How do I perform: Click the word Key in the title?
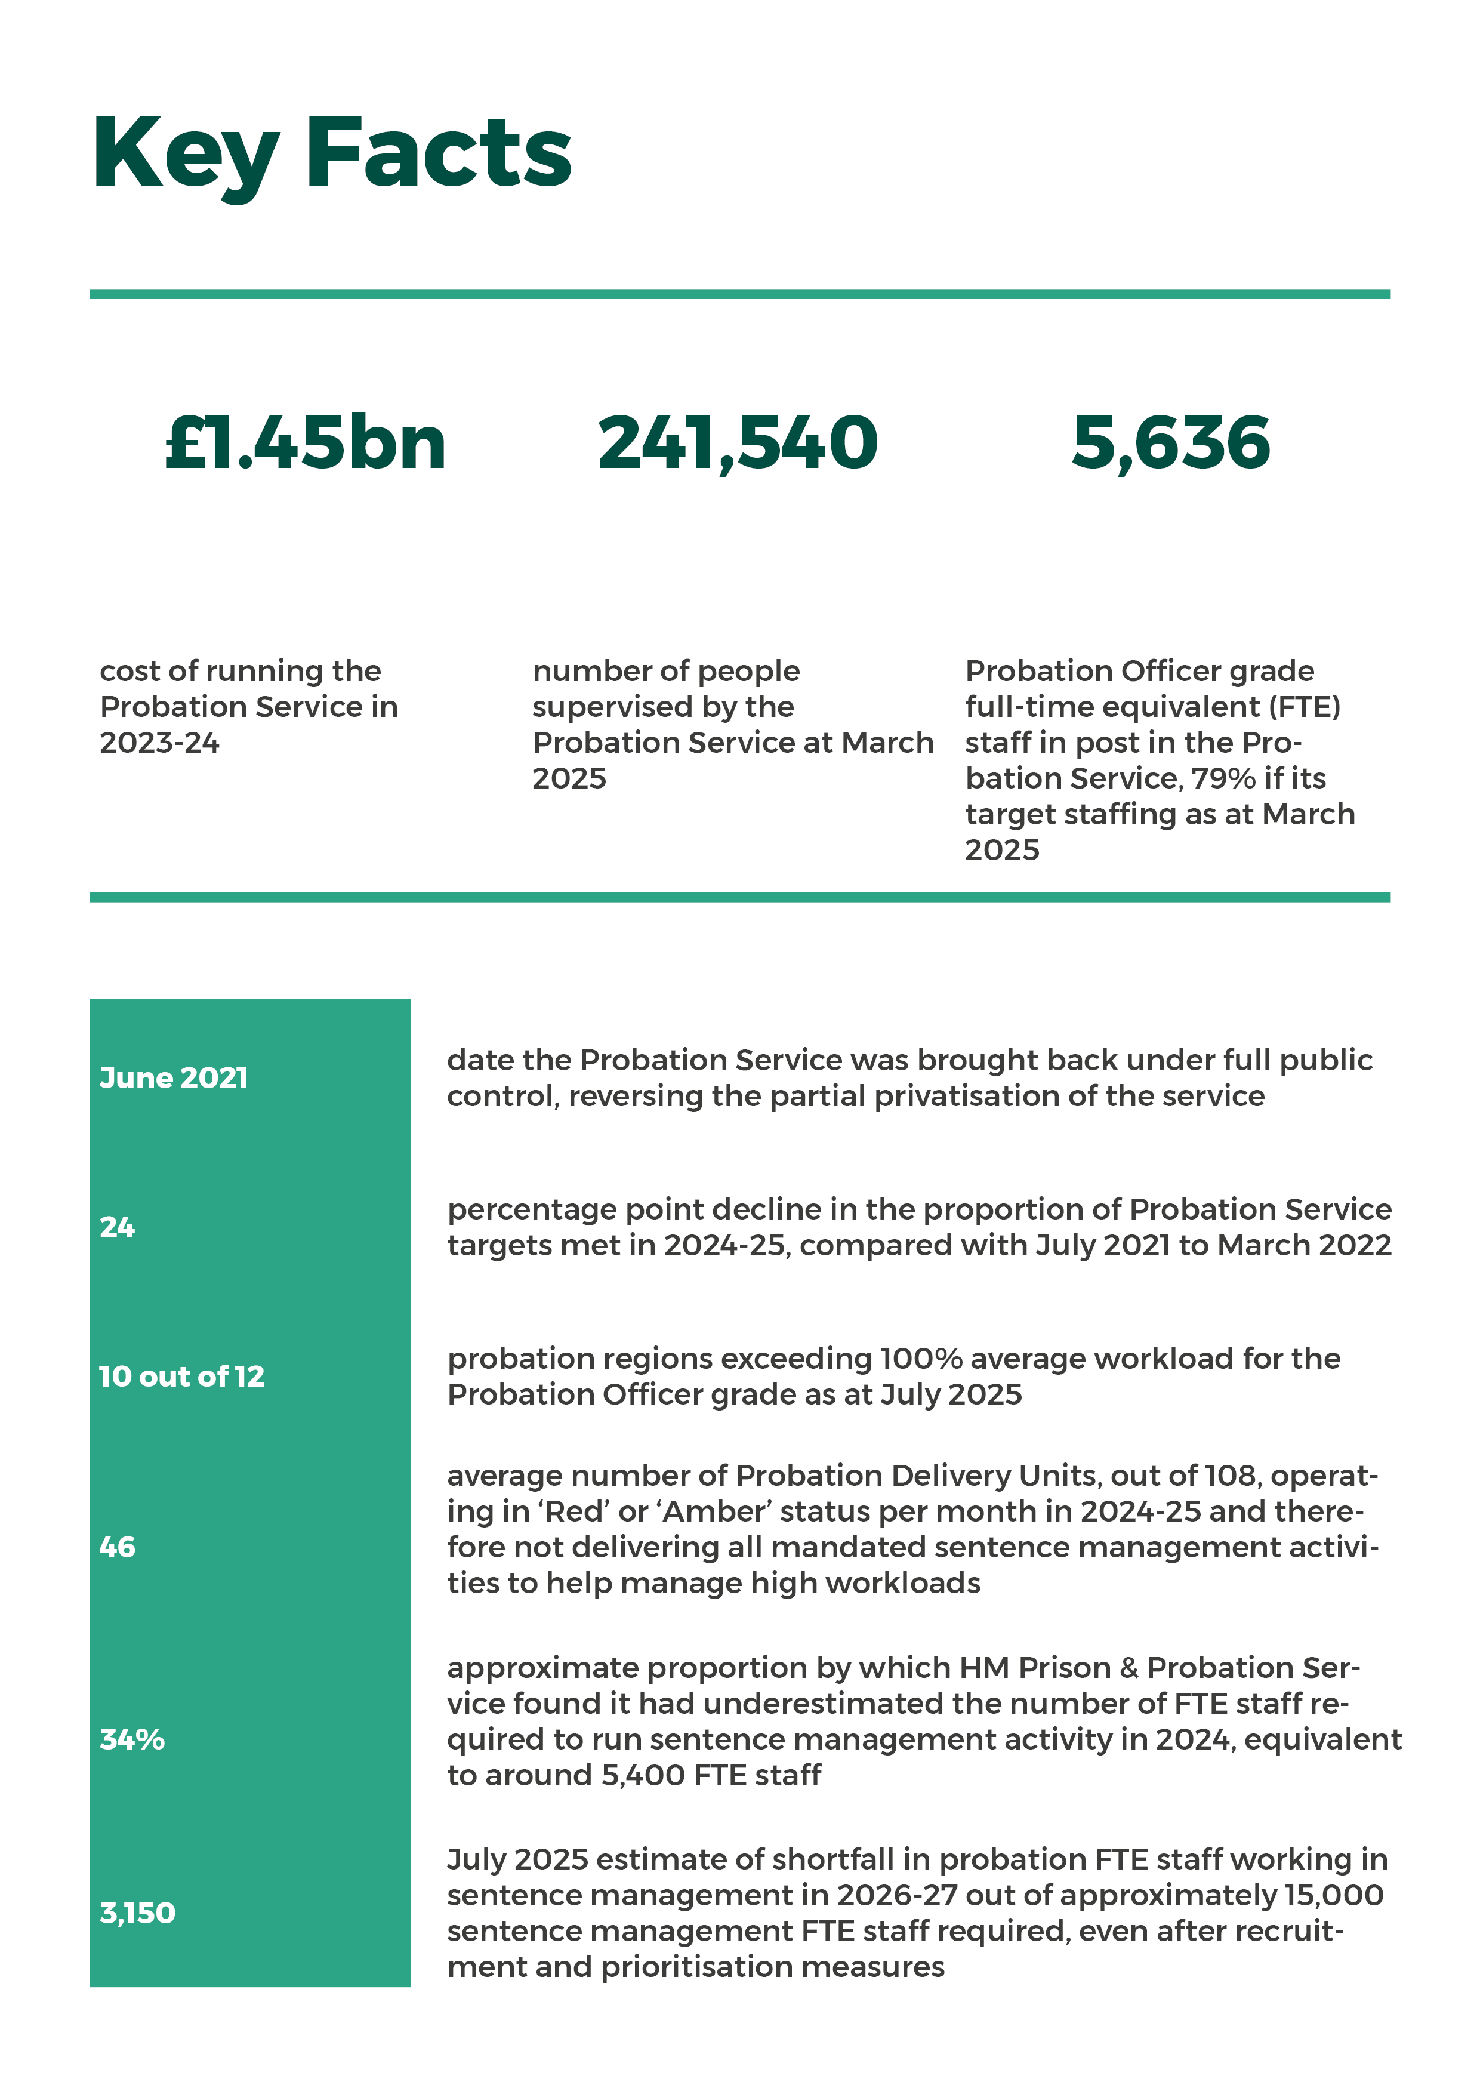pos(185,155)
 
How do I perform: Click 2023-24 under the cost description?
pos(159,743)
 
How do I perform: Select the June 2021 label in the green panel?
pos(173,1078)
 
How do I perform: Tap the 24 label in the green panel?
pos(117,1228)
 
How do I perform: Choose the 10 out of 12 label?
pos(181,1377)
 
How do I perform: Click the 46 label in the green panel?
pos(117,1548)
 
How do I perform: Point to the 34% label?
pos(132,1740)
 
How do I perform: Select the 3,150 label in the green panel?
pos(137,1913)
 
